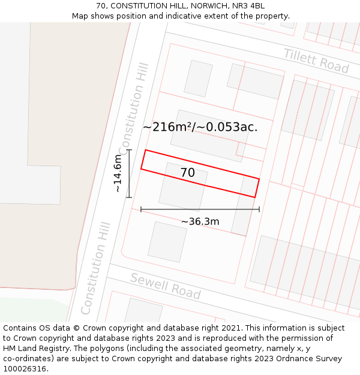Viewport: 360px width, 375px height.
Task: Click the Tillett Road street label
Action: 316,61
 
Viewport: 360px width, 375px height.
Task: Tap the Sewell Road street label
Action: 165,286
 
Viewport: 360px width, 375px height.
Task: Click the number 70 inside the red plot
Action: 187,173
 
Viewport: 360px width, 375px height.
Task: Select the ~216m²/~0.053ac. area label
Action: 200,127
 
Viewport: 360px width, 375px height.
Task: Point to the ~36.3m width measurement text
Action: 200,221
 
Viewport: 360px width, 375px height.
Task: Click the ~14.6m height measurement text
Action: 118,173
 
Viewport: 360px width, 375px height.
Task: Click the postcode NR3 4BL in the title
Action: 248,6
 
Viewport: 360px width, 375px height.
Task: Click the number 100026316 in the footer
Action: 25,369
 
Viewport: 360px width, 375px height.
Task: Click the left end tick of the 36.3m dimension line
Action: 141,209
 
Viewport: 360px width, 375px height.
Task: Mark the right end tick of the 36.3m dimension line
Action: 259,209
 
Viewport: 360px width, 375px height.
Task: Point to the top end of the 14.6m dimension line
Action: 129,150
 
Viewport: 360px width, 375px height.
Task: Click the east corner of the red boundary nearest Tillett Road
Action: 259,179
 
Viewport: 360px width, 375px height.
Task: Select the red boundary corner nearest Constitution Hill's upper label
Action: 146,150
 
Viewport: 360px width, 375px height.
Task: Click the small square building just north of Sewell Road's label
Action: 167,242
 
